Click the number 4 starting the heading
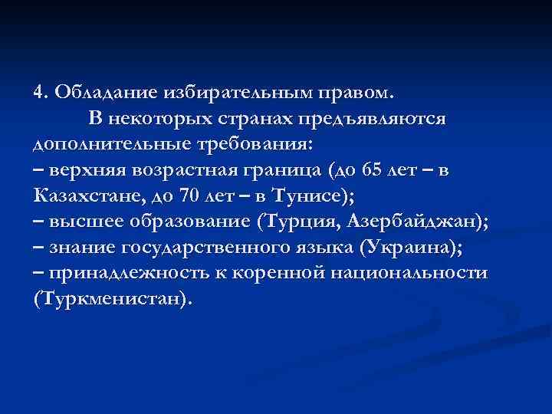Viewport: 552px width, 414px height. pyautogui.click(x=39, y=93)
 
